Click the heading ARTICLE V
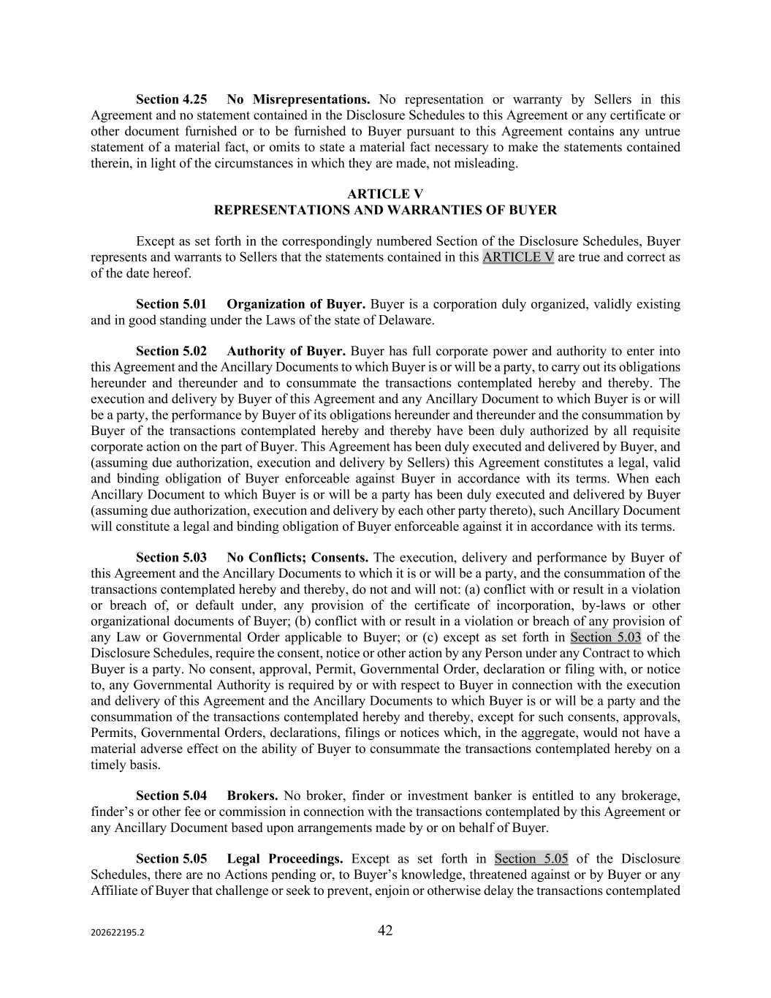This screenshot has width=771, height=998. (x=385, y=194)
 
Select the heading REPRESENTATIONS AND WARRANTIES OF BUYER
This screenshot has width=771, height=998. (x=385, y=210)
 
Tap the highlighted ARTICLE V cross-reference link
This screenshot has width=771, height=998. (x=518, y=257)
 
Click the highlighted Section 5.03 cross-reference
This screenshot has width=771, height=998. (x=606, y=637)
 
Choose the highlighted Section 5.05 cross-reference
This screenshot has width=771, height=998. (x=531, y=858)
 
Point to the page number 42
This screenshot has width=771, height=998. (x=385, y=930)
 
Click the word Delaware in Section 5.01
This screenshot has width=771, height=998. (x=406, y=320)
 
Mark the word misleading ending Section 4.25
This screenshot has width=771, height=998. (x=488, y=163)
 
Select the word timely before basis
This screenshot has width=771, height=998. (x=108, y=765)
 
